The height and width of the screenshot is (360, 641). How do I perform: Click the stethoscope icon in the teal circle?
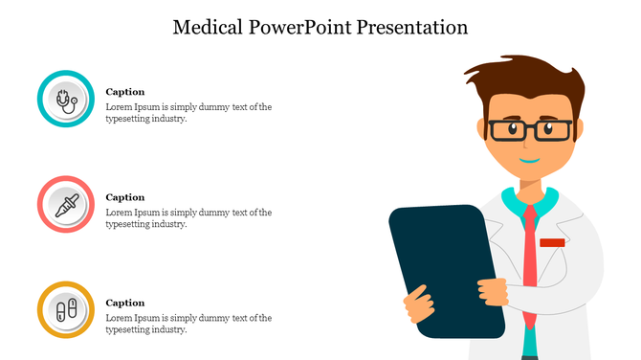point(66,99)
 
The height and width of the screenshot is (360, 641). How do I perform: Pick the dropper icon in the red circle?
point(66,204)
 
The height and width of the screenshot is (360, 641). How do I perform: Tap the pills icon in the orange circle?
point(66,309)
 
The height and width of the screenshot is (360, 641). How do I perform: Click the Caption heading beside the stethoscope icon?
point(124,92)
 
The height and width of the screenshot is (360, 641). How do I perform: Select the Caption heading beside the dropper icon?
point(124,197)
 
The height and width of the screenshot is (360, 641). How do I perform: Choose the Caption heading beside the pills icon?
point(124,303)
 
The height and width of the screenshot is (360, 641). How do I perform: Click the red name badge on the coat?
point(552,243)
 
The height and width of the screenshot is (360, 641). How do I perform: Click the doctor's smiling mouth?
point(529,160)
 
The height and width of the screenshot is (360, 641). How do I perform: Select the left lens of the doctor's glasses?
point(504,129)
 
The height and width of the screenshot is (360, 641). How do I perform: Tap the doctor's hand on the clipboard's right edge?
point(493,288)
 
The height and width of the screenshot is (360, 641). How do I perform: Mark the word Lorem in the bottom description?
point(118,318)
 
